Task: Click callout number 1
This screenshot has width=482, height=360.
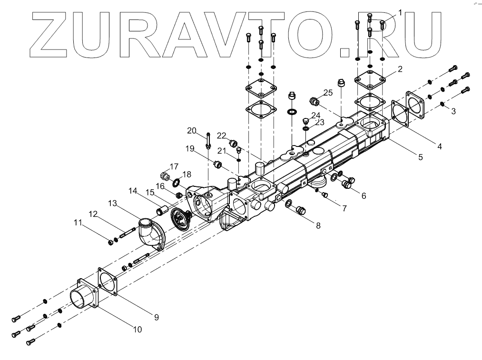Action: (400, 12)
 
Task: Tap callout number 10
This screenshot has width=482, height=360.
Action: (138, 328)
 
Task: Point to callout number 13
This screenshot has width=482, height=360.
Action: (112, 203)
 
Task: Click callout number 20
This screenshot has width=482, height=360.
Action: (191, 130)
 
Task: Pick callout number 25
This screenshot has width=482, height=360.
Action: (328, 92)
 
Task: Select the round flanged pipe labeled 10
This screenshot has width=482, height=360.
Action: (85, 297)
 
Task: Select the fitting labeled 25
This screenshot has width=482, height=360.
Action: (314, 101)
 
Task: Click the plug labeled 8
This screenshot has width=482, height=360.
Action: (301, 210)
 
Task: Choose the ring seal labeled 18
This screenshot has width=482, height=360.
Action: (176, 182)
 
